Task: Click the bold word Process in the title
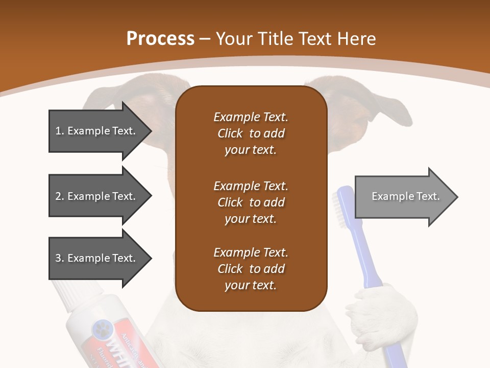click(x=160, y=38)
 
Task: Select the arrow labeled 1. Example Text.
click(x=97, y=131)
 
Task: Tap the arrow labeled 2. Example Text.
click(x=97, y=196)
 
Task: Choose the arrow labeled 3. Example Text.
click(x=97, y=258)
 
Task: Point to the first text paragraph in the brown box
click(x=251, y=133)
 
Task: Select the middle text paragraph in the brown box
click(x=251, y=202)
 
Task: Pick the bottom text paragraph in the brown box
click(x=251, y=269)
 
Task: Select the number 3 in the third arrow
click(x=58, y=258)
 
